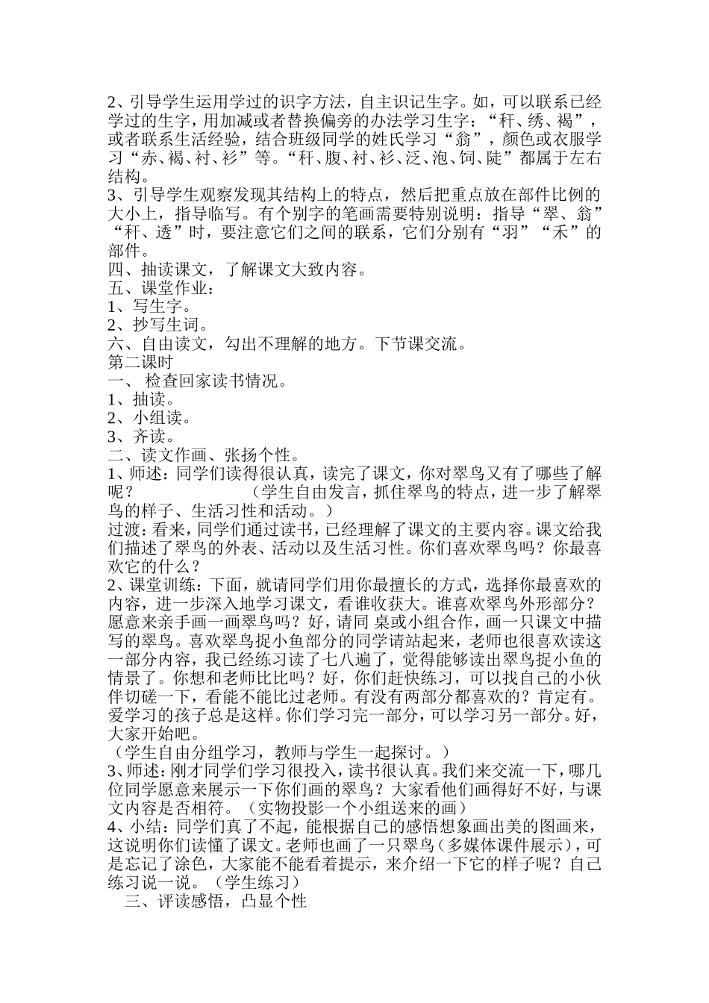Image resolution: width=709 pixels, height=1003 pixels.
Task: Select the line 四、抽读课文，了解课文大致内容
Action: tap(237, 269)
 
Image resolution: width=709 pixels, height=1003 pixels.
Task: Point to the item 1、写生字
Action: tap(150, 307)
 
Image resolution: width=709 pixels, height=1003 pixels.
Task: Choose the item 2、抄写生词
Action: tap(159, 325)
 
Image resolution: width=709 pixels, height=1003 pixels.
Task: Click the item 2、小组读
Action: tap(150, 419)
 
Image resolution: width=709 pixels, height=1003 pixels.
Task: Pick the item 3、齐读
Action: tap(141, 437)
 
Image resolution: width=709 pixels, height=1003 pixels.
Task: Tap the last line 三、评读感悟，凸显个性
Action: tap(216, 902)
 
